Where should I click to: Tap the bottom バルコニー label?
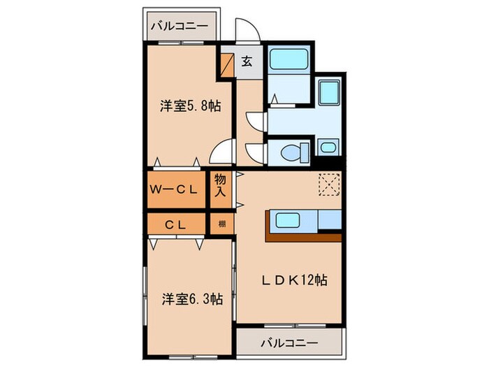290,343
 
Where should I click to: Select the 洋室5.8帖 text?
191,106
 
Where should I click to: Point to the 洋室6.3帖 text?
191,298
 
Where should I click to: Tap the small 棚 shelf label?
221,224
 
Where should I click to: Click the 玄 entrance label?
247,60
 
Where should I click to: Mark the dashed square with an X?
328,184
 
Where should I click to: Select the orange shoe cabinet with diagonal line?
228,64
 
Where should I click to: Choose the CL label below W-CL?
175,224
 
